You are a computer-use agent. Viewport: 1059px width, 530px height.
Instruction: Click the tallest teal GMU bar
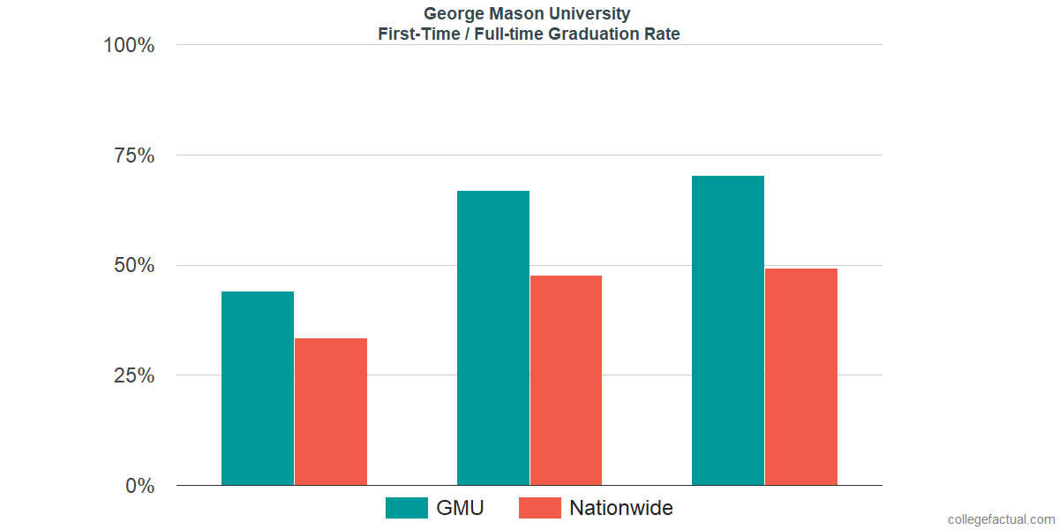728,330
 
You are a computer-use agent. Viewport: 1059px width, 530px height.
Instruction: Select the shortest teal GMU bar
258,388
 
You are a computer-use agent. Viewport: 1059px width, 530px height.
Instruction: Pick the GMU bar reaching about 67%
492,337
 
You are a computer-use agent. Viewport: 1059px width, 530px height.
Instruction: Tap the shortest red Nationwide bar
331,412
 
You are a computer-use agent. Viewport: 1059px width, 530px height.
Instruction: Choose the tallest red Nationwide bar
801,376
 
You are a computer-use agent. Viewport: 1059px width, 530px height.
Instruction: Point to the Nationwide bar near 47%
566,380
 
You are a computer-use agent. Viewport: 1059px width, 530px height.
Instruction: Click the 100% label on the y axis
129,45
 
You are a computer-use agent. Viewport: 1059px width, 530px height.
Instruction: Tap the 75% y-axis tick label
134,155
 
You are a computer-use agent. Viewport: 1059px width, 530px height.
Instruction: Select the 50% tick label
134,266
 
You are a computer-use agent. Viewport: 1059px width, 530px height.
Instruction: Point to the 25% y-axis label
134,375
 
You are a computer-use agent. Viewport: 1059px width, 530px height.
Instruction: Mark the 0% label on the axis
139,486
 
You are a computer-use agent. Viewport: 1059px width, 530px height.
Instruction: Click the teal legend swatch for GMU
407,508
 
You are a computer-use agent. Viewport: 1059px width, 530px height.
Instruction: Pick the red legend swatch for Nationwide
539,508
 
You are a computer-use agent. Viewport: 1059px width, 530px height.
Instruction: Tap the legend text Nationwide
621,508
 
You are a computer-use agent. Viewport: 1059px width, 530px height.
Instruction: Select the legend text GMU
460,508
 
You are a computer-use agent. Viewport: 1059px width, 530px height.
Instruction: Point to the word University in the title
594,13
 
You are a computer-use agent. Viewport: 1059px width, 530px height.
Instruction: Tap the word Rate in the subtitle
664,34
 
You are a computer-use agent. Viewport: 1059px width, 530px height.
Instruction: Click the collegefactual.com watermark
1001,519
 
